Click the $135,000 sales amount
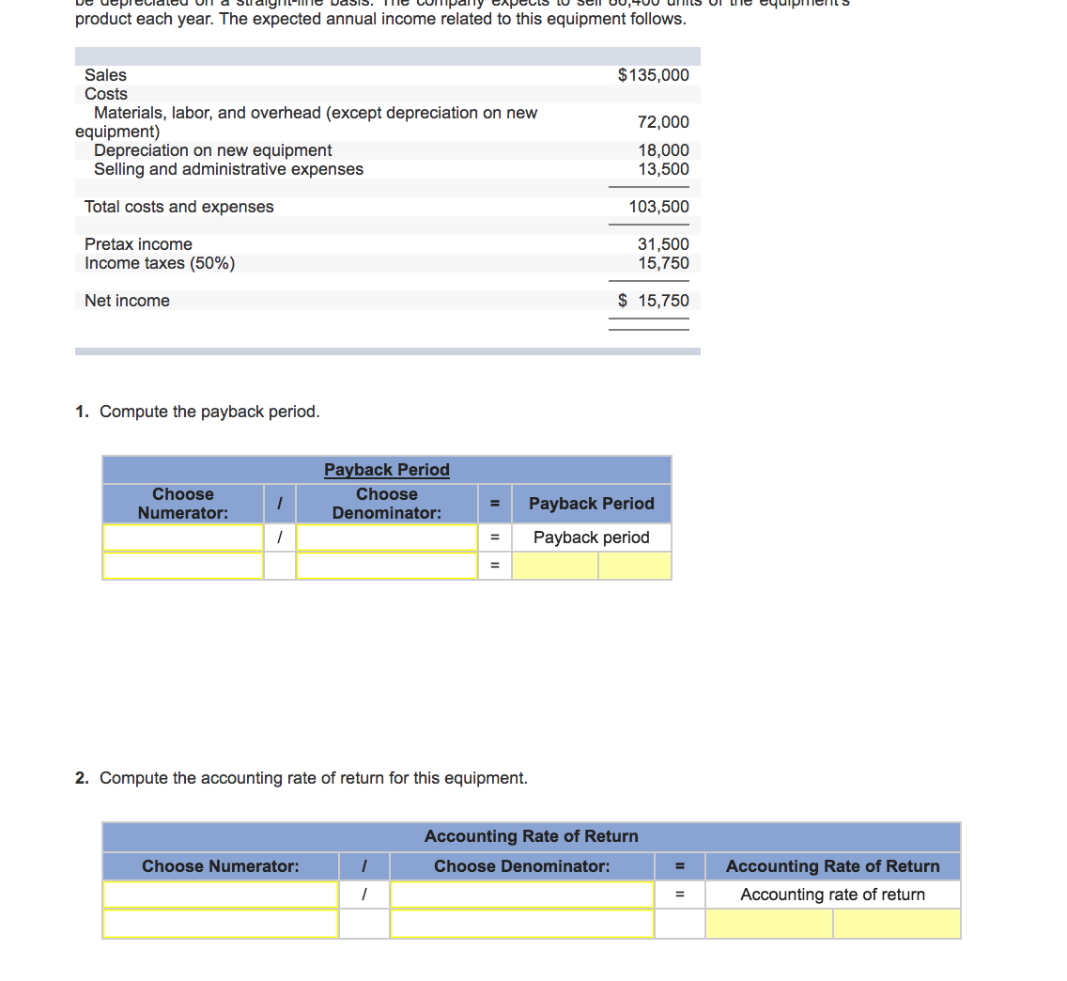pyautogui.click(x=653, y=75)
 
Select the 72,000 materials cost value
pyautogui.click(x=663, y=122)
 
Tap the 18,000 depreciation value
pyautogui.click(x=663, y=150)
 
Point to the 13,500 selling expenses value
pyautogui.click(x=663, y=169)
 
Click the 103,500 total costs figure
pyautogui.click(x=658, y=207)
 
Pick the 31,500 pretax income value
pyautogui.click(x=663, y=244)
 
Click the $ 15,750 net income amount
pyautogui.click(x=653, y=301)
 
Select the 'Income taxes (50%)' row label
pyautogui.click(x=160, y=263)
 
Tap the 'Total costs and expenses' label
pyautogui.click(x=179, y=207)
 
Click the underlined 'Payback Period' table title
pyautogui.click(x=387, y=470)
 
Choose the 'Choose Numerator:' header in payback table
pyautogui.click(x=183, y=504)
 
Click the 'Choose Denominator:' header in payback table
pyautogui.click(x=387, y=504)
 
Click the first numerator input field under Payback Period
pyautogui.click(x=183, y=537)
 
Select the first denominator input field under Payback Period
pyautogui.click(x=387, y=537)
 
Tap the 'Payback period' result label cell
pyautogui.click(x=592, y=537)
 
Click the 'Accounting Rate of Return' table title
pyautogui.click(x=531, y=836)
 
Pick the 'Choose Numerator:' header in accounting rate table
pyautogui.click(x=221, y=866)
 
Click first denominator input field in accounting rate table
pyautogui.click(x=521, y=895)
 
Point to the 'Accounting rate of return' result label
pyautogui.click(x=832, y=895)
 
